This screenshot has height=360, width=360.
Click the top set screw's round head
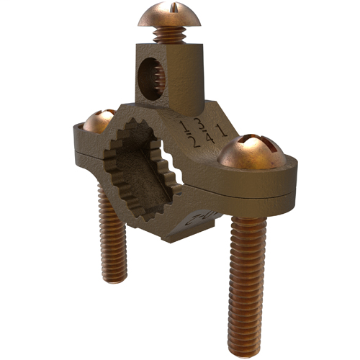168,16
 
